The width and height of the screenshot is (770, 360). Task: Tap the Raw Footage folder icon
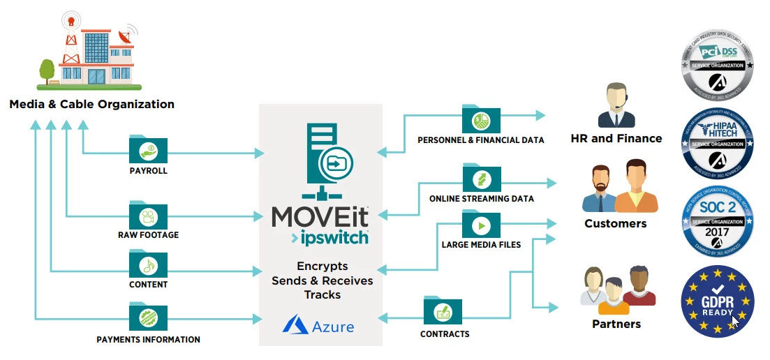coord(148,214)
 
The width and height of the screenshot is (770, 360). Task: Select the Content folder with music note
coord(148,264)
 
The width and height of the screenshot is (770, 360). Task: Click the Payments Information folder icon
coord(148,317)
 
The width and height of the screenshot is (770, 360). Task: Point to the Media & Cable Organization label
coord(91,105)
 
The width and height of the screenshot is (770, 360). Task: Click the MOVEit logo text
coord(320,216)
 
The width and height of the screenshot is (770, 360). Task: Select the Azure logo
coord(319,326)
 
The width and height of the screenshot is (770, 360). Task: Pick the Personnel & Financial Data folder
coord(481,119)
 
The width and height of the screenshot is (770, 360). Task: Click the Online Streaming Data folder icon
coord(481,179)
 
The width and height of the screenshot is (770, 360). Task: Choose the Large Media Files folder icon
coord(481,225)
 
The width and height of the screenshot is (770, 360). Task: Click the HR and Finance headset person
coord(616,105)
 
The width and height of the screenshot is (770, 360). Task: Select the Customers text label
coord(616,224)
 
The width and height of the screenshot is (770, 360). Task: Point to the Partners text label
coord(616,324)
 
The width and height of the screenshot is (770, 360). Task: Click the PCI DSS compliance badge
coord(717,68)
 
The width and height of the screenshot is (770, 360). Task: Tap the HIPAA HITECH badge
coord(717,144)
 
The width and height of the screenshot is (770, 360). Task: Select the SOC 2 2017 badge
coord(717,222)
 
